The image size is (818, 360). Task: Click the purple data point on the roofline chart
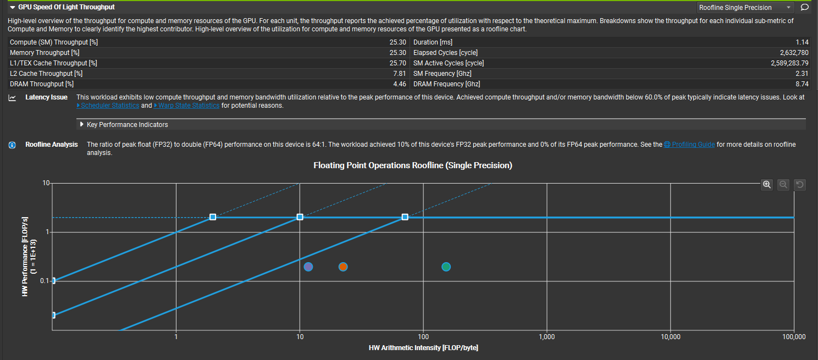coord(308,267)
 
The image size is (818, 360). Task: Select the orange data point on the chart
coord(343,267)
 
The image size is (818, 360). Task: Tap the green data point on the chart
coord(446,267)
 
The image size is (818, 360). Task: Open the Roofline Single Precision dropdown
coord(745,7)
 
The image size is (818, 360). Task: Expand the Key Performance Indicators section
coord(127,125)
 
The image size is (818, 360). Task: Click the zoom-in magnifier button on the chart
coord(767,185)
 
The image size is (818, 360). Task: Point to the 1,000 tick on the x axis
coord(546,337)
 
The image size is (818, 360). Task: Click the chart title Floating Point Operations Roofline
coord(412,165)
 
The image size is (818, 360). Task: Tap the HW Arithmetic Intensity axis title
coord(423,348)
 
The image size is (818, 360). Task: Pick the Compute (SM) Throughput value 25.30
coord(397,42)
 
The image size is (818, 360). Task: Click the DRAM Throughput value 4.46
coord(400,84)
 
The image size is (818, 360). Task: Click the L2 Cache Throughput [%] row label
coord(46,74)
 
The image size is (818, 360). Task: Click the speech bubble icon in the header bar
coord(804,7)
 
